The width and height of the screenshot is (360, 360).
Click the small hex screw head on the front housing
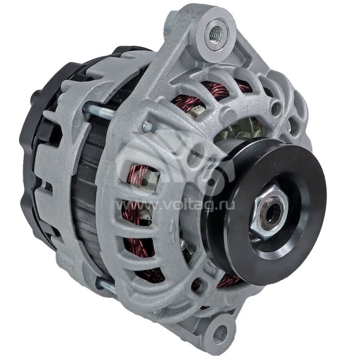coord(148,127)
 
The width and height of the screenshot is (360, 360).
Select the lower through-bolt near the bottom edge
coord(107,286)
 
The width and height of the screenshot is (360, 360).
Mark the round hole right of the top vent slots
coord(276,108)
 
